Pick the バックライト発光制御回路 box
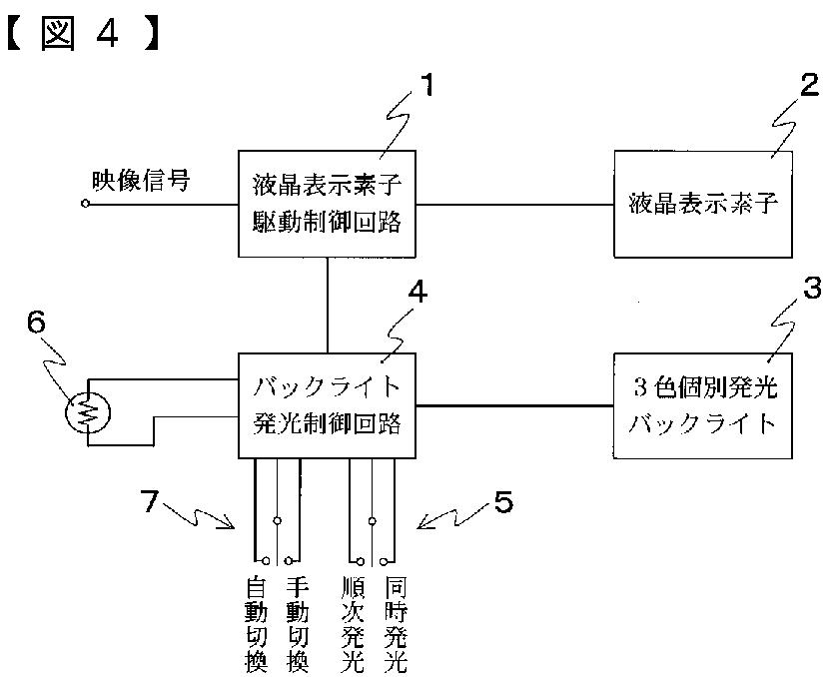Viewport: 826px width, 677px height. (x=327, y=404)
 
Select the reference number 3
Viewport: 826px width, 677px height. (x=810, y=289)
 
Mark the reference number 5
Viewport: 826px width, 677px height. (x=503, y=503)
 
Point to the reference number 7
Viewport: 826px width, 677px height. (x=150, y=502)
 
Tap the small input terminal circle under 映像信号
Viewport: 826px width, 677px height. (x=86, y=203)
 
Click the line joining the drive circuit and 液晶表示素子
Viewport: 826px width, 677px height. (x=513, y=203)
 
